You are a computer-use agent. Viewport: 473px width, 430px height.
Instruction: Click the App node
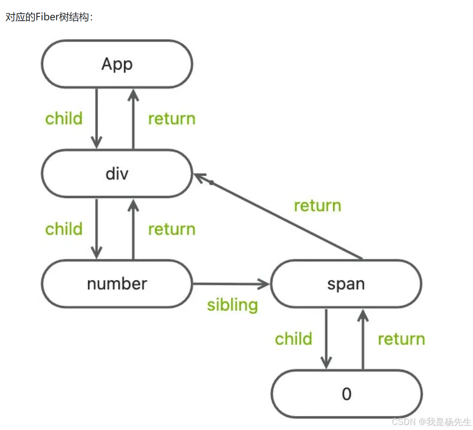tap(117, 64)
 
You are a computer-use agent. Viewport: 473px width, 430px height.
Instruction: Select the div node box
tap(117, 174)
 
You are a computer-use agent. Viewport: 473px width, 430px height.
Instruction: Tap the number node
tap(117, 284)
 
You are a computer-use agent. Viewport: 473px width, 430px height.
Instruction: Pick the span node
tap(346, 284)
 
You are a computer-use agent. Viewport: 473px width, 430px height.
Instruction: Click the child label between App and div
tap(64, 119)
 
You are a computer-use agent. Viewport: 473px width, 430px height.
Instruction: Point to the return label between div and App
tap(171, 119)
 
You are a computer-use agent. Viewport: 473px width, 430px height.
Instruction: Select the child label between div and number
tap(64, 229)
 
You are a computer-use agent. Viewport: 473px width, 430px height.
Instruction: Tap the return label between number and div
tap(171, 229)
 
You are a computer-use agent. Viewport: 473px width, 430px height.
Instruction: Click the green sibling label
tap(232, 305)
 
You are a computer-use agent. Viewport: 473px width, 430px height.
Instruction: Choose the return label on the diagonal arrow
tap(317, 206)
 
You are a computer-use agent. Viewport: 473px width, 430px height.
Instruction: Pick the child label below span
tap(293, 339)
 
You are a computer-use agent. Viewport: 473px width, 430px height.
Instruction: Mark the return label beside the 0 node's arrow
tap(401, 339)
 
